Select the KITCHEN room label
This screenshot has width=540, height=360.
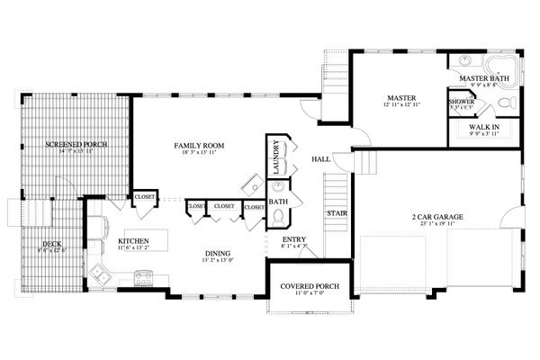132,241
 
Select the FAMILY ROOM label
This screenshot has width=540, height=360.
199,145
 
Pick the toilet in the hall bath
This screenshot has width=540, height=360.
278,217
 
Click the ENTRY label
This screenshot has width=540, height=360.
293,239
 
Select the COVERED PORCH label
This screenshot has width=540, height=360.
309,286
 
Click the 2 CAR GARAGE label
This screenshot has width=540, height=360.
438,217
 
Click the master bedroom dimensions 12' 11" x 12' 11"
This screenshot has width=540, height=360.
399,106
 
